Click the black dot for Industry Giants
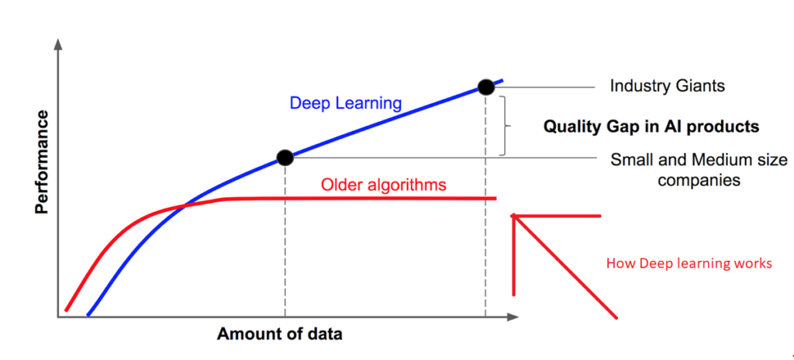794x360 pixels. click(485, 87)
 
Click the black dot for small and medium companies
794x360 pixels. click(285, 157)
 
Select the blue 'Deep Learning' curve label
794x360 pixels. click(345, 103)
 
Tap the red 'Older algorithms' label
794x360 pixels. click(384, 185)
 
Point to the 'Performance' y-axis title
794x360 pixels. click(43, 162)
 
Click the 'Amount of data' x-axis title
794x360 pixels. click(279, 334)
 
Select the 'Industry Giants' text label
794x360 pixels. click(668, 86)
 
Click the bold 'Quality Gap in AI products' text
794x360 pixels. click(651, 126)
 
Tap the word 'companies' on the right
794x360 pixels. click(699, 180)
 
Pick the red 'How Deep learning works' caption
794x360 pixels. click(689, 264)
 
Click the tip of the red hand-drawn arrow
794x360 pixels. click(513, 216)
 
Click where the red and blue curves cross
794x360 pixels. click(185, 206)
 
